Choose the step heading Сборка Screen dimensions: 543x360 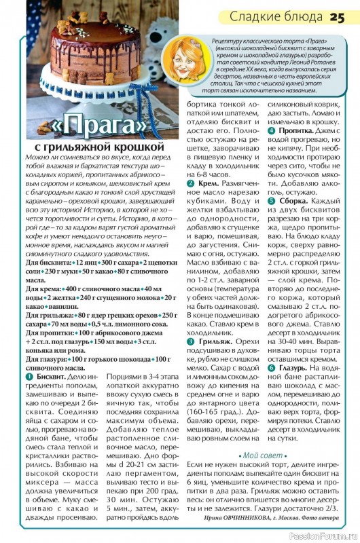pos(291,202)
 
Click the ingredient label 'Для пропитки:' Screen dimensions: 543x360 pos(49,334)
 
